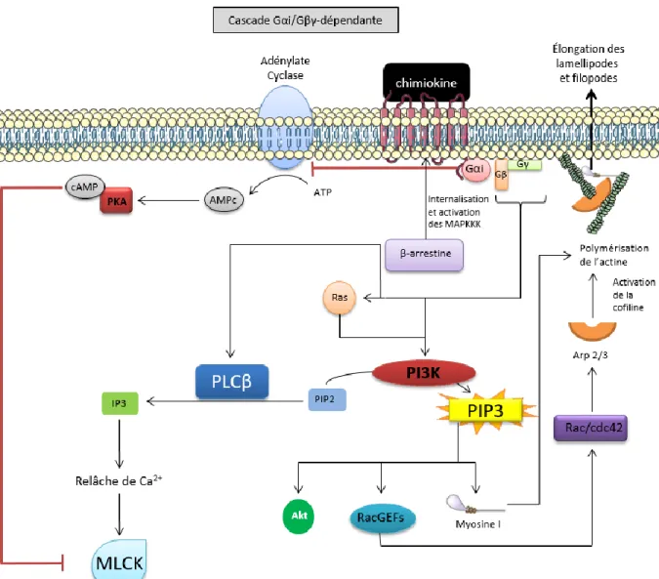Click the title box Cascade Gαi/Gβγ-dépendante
point(306,20)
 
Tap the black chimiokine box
point(427,82)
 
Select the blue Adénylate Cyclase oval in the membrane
point(285,127)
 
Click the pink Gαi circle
point(475,169)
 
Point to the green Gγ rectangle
point(524,165)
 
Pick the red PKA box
point(116,201)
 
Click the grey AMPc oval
point(224,200)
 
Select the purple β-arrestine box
point(425,254)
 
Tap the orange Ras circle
point(339,298)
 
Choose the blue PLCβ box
point(232,382)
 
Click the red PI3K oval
point(424,373)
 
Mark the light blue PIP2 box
point(327,399)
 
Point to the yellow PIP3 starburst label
point(486,411)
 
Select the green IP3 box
point(120,403)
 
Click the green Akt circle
point(299,516)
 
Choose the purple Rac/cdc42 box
point(591,428)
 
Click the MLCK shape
point(119,559)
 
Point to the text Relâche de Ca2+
point(119,480)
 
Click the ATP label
point(323,192)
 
